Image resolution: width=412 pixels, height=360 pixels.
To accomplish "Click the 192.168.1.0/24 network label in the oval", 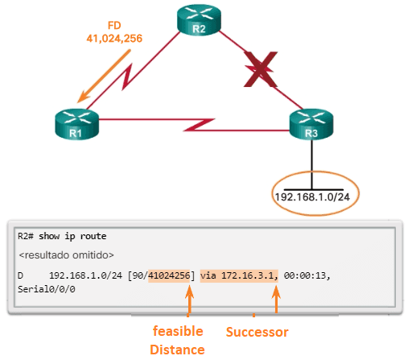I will point(313,196).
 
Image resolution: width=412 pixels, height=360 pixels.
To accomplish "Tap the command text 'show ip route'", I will point(76,238).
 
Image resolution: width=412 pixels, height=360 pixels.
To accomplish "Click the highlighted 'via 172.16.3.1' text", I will point(239,275).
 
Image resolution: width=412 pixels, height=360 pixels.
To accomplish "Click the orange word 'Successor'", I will point(257,331).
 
